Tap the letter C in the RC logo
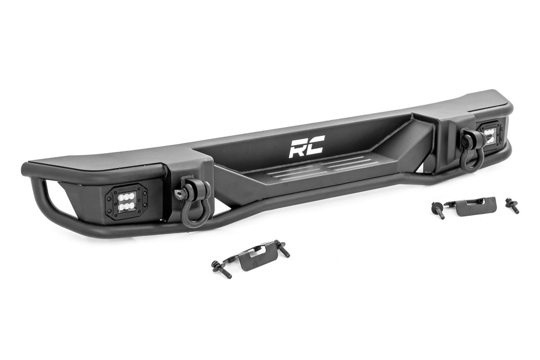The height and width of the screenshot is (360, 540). [x=314, y=146]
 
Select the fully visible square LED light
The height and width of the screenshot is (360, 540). [x=127, y=200]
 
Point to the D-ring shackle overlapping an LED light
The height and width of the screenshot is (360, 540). [x=471, y=150]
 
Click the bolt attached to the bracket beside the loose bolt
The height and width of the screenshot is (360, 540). [x=438, y=210]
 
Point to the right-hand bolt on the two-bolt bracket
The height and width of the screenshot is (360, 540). [x=282, y=248]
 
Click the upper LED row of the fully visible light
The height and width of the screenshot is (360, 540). [x=127, y=196]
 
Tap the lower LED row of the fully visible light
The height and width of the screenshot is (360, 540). [x=127, y=205]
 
